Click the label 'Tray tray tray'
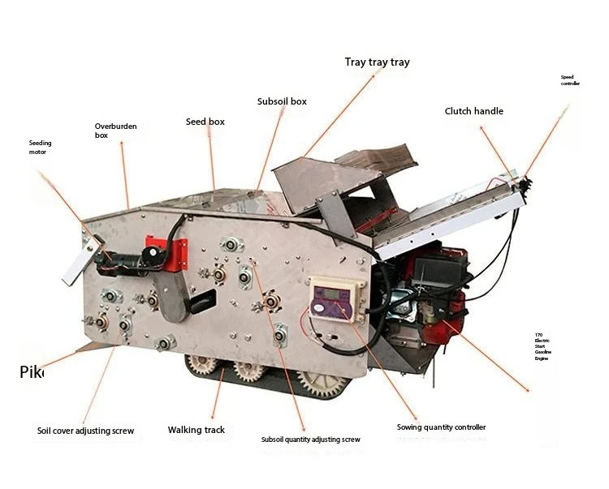pyautogui.click(x=377, y=62)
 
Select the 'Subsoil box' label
pyautogui.click(x=282, y=102)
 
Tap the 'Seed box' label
pyautogui.click(x=205, y=122)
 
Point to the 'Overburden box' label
pyautogui.click(x=112, y=131)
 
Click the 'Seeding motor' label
pyautogui.click(x=40, y=147)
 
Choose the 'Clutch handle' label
pyautogui.click(x=473, y=111)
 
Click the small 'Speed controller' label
pyautogui.click(x=570, y=80)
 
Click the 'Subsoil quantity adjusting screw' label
pyautogui.click(x=310, y=440)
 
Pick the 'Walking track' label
pyautogui.click(x=197, y=430)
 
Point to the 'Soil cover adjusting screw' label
pyautogui.click(x=85, y=431)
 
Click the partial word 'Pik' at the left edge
pyautogui.click(x=31, y=373)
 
